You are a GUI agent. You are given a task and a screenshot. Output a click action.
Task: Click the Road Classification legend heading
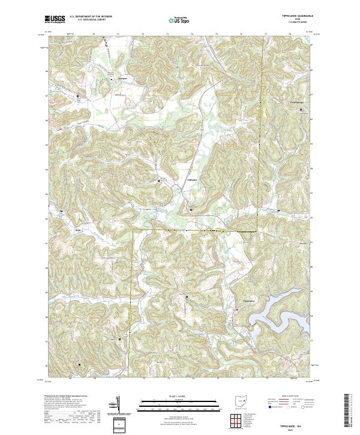[287, 397]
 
